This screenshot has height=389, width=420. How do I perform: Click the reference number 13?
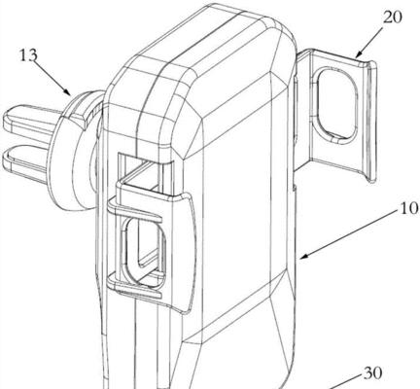point(28,55)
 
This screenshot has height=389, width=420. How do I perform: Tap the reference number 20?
point(392,18)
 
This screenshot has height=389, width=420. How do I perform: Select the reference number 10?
point(409,208)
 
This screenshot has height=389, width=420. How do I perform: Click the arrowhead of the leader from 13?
point(68,92)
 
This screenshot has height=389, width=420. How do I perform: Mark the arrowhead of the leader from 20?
point(359,54)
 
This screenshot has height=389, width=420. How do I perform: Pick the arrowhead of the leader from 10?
point(303,256)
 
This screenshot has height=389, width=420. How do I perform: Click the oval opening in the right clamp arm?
point(336,104)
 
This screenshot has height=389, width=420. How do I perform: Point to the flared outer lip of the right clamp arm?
point(371,122)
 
